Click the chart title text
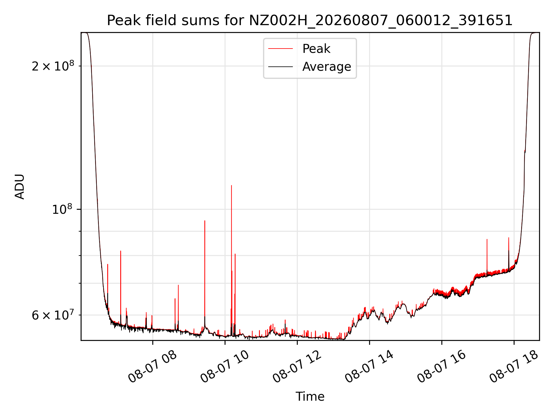coord(310,21)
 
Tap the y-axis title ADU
coord(20,187)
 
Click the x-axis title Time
coord(310,397)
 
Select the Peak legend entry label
coord(316,49)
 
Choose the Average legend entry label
coord(327,67)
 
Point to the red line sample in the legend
coord(280,49)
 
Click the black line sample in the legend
coord(280,67)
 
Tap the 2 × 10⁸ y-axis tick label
coord(53,66)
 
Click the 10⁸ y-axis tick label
coord(62,209)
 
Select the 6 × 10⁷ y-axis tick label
coord(53,315)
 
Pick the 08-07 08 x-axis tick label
coord(153,367)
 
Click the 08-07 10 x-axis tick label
coord(225,367)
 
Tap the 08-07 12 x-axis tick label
coord(297,367)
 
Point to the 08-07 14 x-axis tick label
coord(369,367)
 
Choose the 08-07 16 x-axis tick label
coord(442,367)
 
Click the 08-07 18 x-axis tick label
coord(514,367)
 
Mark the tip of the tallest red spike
coord(232,185)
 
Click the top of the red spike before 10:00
coord(205,221)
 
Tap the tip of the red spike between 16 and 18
coord(487,239)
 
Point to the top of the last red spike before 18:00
coord(509,237)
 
